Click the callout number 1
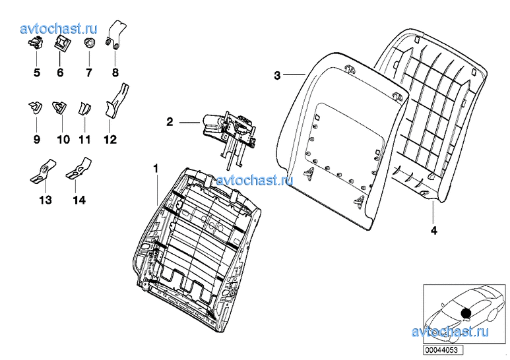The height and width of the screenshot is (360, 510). click(x=156, y=169)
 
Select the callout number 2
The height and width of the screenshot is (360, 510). click(x=170, y=122)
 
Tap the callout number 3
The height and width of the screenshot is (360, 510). click(x=277, y=75)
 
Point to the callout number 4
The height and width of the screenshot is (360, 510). click(x=434, y=231)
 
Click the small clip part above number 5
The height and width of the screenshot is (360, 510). click(x=36, y=44)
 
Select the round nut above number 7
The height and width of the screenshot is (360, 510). click(x=89, y=43)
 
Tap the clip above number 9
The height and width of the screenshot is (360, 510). click(x=35, y=107)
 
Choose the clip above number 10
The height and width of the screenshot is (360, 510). click(x=59, y=107)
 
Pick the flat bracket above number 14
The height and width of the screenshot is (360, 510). click(x=79, y=168)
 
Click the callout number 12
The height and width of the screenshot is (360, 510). click(x=110, y=140)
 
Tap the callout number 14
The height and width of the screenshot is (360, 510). click(x=79, y=200)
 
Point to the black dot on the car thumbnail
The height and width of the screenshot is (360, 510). click(x=466, y=313)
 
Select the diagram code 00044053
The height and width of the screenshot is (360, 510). click(x=441, y=350)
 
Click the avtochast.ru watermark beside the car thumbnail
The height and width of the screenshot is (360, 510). click(x=450, y=332)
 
